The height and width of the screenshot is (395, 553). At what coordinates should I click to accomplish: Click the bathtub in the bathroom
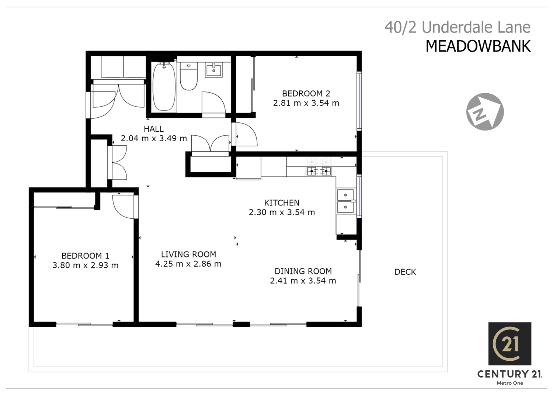(x=164, y=87)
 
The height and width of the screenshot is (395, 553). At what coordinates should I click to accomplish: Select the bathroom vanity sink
(x=214, y=69)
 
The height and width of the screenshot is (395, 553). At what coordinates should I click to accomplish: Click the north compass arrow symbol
(x=485, y=111)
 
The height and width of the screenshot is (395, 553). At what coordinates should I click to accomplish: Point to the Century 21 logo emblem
(x=509, y=344)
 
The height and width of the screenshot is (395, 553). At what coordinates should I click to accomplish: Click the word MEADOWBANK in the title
(x=478, y=46)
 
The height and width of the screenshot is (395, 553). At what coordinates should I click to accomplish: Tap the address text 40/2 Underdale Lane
(x=457, y=27)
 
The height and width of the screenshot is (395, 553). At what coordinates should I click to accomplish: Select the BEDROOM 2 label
(x=306, y=94)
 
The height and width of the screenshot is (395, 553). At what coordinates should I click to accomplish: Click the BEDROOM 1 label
(x=85, y=256)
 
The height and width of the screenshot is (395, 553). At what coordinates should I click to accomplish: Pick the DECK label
(x=405, y=272)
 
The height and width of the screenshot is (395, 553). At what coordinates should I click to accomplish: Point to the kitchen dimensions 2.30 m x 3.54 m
(x=282, y=212)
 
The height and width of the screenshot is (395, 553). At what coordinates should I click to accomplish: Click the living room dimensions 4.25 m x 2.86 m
(x=188, y=264)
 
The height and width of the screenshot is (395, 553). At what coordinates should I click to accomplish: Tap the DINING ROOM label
(x=303, y=271)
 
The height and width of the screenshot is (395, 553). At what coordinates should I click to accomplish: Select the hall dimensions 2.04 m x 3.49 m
(x=154, y=139)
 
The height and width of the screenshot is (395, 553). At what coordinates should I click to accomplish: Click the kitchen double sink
(x=345, y=201)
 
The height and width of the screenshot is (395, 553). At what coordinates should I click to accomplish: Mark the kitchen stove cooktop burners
(x=319, y=171)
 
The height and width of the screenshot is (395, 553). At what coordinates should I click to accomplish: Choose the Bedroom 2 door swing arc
(x=246, y=134)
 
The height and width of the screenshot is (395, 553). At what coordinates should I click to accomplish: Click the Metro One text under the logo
(x=509, y=383)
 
